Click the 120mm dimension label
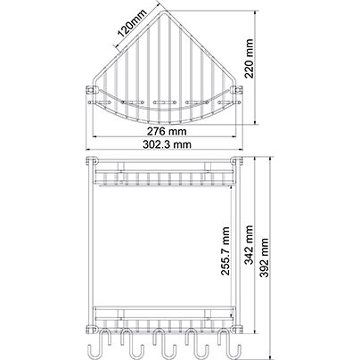132,23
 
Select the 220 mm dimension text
249,59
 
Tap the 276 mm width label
167,131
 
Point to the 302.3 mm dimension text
167,144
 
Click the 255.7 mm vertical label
225,251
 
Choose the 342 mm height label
249,245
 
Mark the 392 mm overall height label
264,258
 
